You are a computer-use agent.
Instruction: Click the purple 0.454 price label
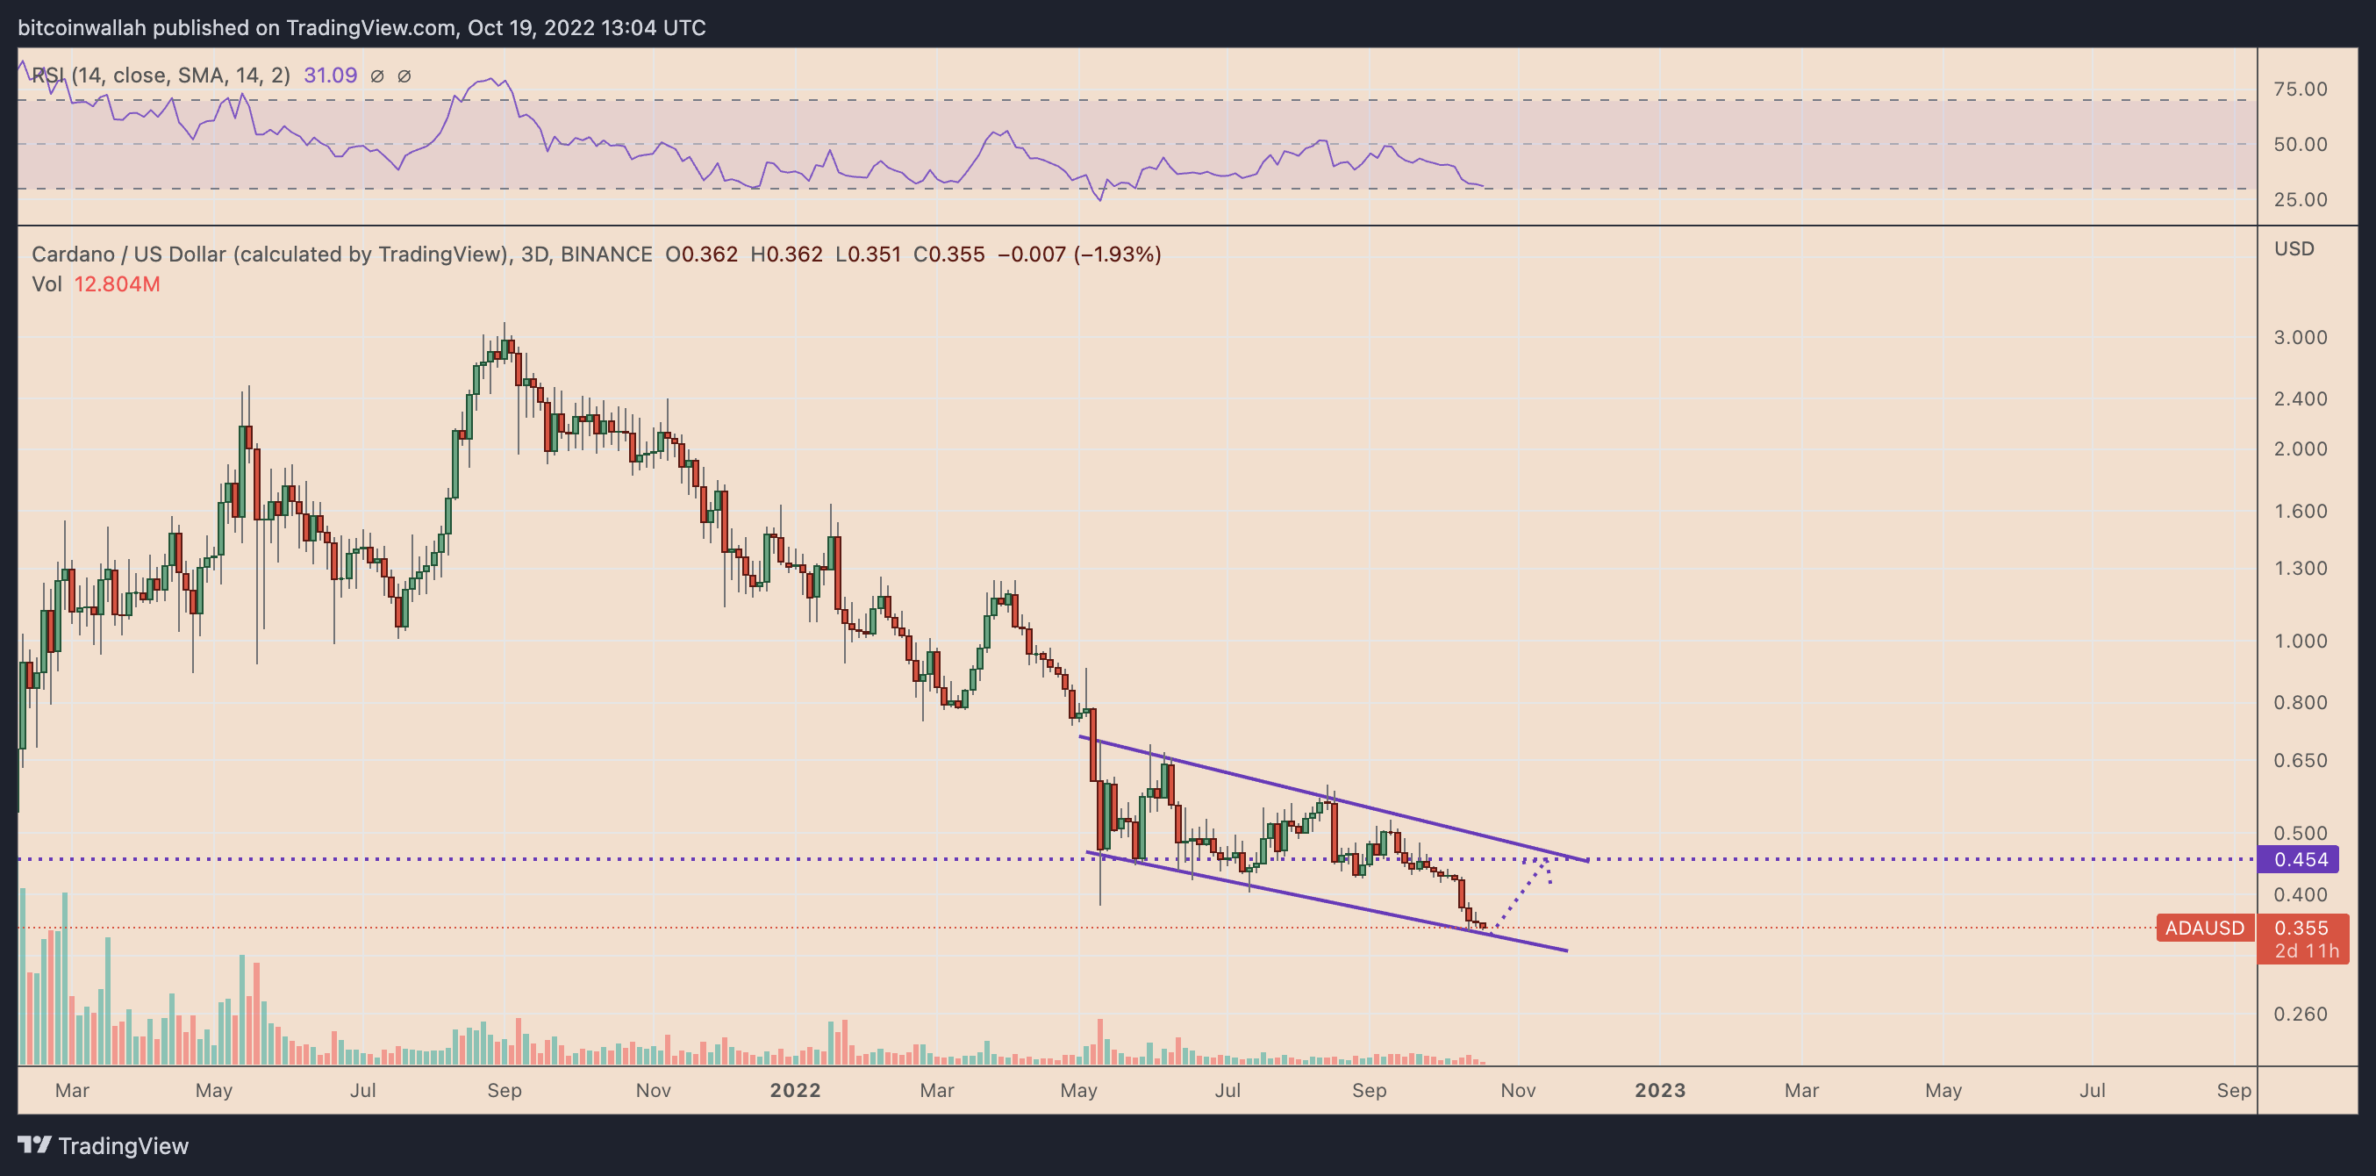tap(2301, 860)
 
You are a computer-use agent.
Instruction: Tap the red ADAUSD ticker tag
tap(2203, 928)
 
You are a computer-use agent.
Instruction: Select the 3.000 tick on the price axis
tap(2300, 338)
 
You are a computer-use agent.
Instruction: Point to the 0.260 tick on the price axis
tap(2300, 1014)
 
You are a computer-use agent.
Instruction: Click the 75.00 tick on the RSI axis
tap(2300, 90)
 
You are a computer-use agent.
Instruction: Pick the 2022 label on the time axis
tap(795, 1090)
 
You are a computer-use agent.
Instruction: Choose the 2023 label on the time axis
tap(1659, 1090)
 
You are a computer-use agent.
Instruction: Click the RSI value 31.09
tap(330, 75)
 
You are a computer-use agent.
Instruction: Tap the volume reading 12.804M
tap(118, 284)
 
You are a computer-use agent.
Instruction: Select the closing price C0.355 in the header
tap(948, 255)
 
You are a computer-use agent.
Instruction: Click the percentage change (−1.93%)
tap(1118, 255)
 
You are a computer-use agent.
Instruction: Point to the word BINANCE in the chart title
tap(606, 255)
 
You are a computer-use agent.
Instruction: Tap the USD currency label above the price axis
tap(2293, 249)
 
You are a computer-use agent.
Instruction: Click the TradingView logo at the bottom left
tap(104, 1145)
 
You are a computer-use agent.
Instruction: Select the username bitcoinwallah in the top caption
tap(82, 28)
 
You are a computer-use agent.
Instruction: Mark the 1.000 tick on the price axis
tap(2300, 641)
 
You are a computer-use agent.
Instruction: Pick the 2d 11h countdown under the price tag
tap(2306, 951)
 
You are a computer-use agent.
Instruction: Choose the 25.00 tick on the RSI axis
tap(2300, 200)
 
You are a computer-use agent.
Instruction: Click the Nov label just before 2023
tap(1517, 1090)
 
